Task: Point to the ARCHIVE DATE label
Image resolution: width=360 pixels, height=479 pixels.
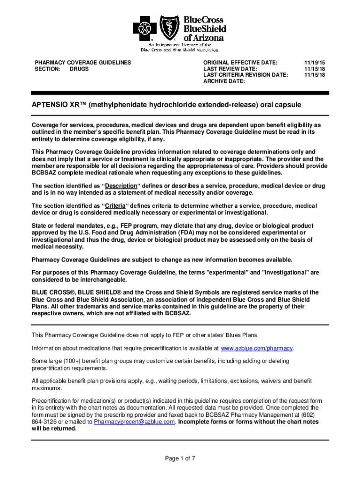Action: pyautogui.click(x=224, y=81)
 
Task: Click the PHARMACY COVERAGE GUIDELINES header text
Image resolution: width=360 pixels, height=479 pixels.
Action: pyautogui.click(x=83, y=62)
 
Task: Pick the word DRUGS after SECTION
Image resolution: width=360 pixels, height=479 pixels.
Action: pyautogui.click(x=79, y=69)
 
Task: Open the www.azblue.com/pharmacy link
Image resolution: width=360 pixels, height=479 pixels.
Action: pyautogui.click(x=257, y=348)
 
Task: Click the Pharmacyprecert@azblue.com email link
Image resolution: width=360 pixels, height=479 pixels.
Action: pyautogui.click(x=135, y=421)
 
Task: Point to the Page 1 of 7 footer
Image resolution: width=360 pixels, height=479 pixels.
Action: pyautogui.click(x=180, y=458)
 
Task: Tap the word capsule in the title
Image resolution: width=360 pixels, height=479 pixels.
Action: pyautogui.click(x=288, y=106)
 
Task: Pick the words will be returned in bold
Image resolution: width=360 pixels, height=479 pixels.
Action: pyautogui.click(x=54, y=428)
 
